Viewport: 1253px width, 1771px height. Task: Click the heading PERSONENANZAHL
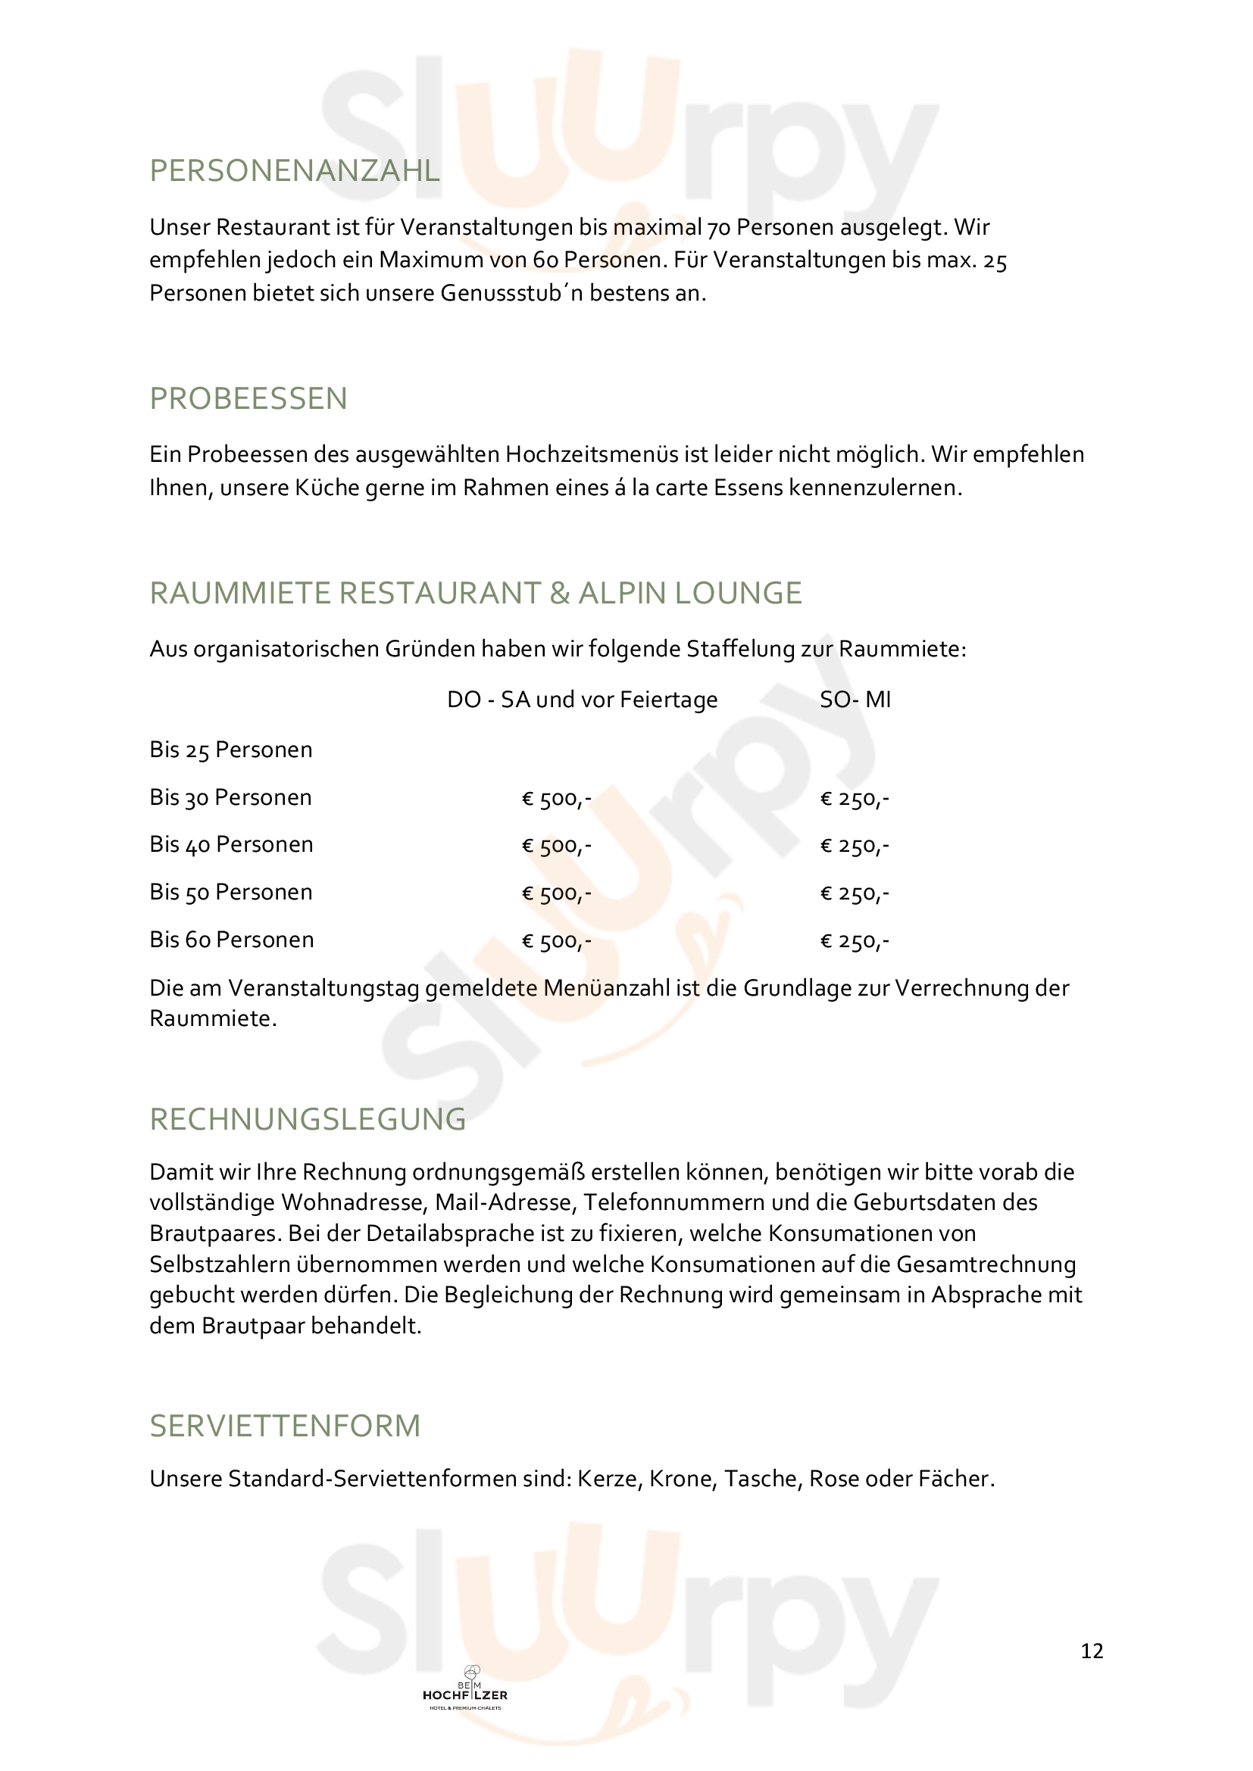[x=294, y=170]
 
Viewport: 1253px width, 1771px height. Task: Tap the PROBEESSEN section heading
[x=248, y=399]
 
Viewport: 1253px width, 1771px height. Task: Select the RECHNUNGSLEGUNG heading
[x=308, y=1119]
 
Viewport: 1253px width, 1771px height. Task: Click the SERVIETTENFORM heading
[x=285, y=1426]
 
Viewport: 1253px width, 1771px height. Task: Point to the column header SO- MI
[x=855, y=700]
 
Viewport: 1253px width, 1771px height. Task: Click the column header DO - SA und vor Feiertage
[x=583, y=700]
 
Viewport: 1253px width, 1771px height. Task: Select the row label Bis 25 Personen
[x=231, y=750]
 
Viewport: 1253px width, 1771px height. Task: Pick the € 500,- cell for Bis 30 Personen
[x=556, y=798]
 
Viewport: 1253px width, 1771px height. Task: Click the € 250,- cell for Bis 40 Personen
[x=854, y=847]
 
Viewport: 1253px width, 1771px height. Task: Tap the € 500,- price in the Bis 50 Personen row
[x=556, y=893]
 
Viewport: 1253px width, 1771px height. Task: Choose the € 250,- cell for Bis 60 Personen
[x=854, y=941]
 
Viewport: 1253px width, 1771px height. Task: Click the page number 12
[x=1092, y=1651]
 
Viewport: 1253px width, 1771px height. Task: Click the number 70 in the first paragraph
[x=718, y=228]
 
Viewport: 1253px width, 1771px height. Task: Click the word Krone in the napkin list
[x=683, y=1479]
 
